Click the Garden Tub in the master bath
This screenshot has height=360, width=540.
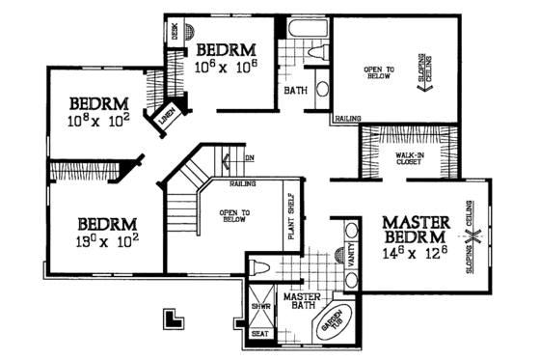pos(334,318)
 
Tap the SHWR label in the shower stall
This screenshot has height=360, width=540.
pos(260,306)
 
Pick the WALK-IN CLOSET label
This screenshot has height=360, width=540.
pos(410,159)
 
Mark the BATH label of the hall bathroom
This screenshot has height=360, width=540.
pos(295,93)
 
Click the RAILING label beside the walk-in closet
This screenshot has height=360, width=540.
pos(347,120)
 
